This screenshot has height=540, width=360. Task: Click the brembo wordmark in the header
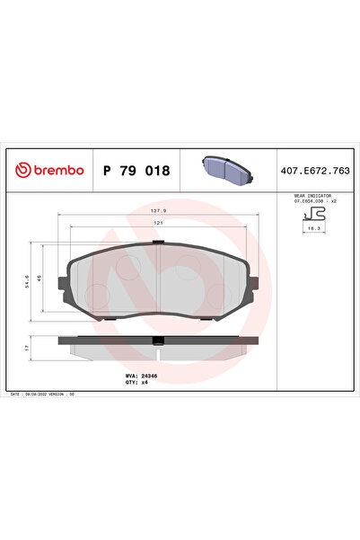[57, 170]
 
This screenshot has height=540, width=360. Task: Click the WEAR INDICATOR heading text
[312, 195]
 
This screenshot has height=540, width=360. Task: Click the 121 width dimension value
[157, 223]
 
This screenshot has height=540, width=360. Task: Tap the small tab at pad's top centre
[158, 243]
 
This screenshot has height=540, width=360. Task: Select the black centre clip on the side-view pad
[158, 341]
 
